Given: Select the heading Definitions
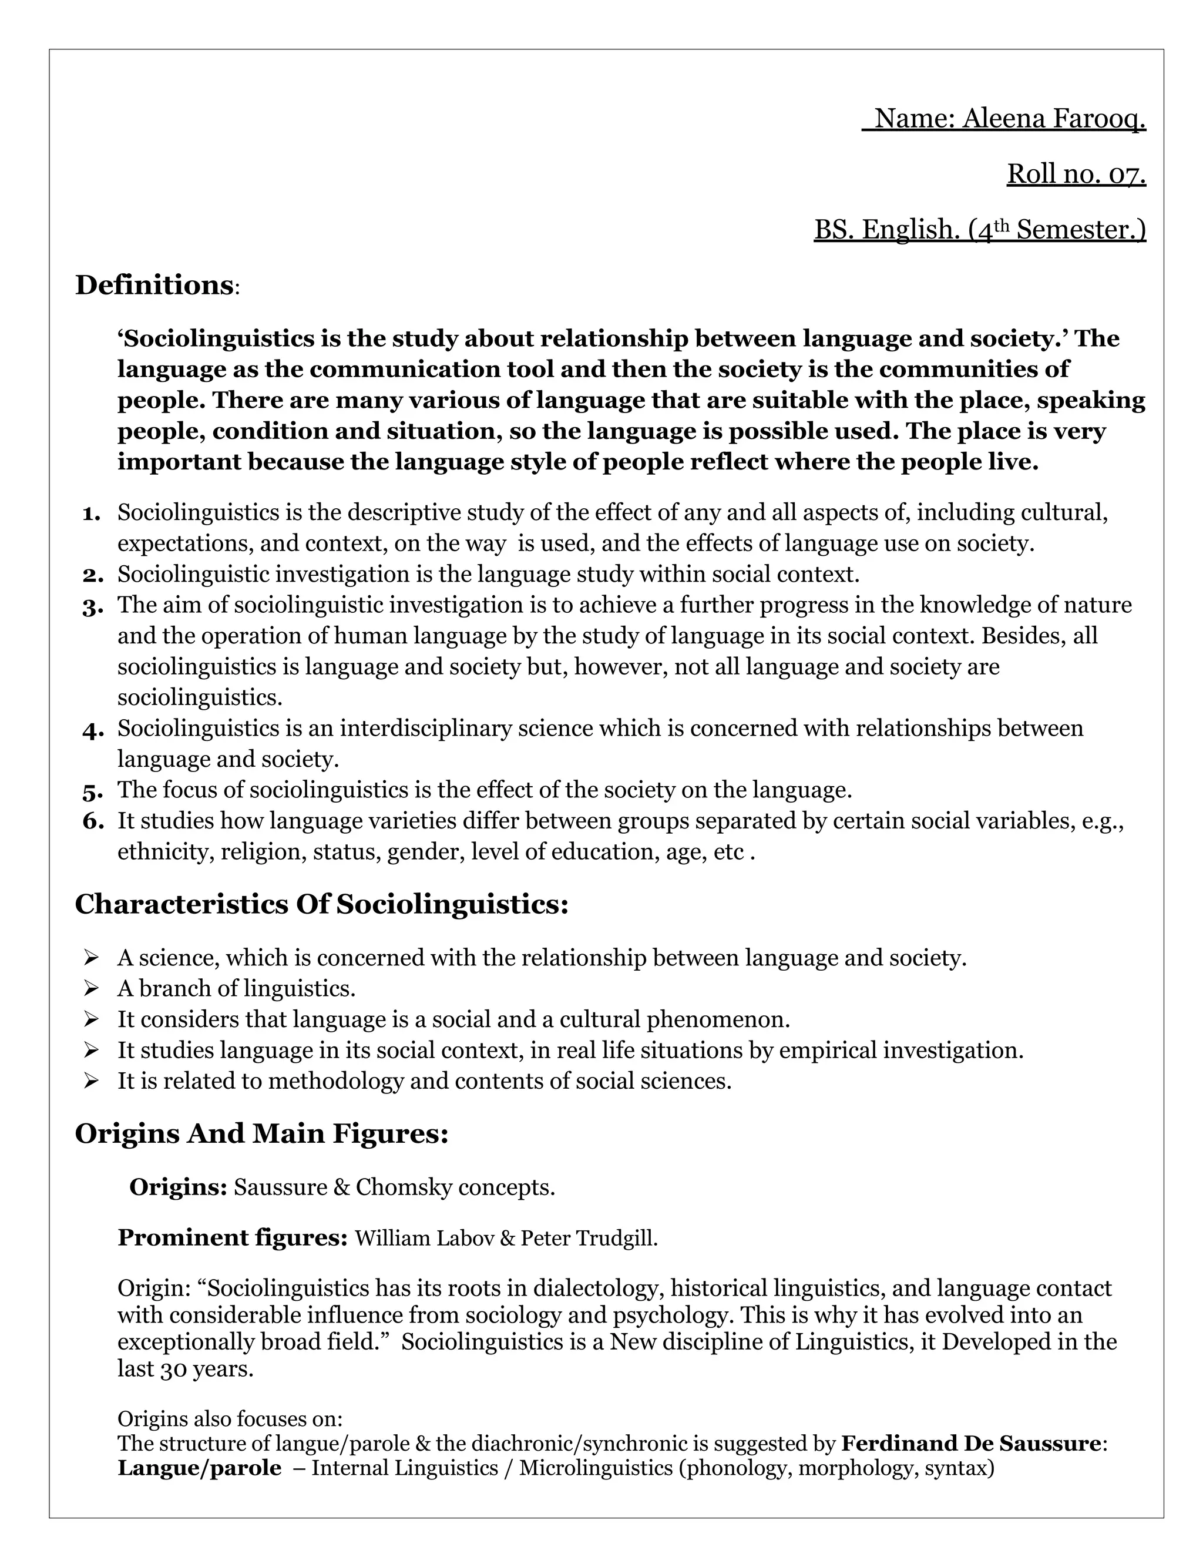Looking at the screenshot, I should (154, 285).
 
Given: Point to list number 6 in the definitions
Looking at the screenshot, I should (93, 822).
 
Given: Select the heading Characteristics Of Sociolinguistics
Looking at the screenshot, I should (321, 904).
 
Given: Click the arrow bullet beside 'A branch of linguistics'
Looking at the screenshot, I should (90, 988).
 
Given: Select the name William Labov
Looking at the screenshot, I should (424, 1239).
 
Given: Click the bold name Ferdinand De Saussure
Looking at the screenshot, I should (970, 1444).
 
